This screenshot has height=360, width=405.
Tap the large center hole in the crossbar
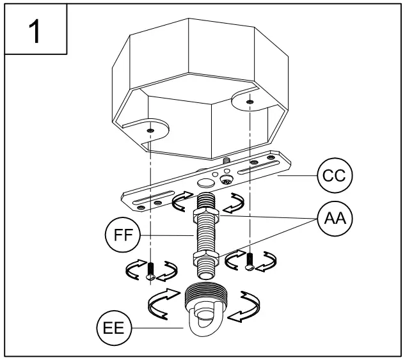point(205,182)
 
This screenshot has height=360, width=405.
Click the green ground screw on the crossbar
point(226,181)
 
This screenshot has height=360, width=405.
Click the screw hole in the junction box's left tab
point(150,130)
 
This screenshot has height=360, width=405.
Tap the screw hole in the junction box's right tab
point(249,102)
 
